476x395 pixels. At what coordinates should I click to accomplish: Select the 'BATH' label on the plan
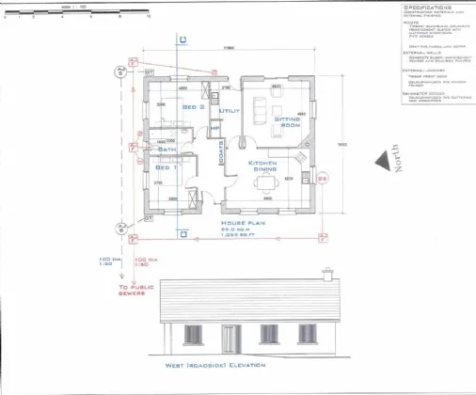point(167,149)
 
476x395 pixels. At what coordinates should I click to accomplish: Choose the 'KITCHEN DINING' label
point(262,166)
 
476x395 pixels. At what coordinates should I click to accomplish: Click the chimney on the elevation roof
point(327,274)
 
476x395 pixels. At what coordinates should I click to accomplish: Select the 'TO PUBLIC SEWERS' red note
point(132,290)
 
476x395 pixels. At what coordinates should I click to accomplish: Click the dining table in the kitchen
point(267,181)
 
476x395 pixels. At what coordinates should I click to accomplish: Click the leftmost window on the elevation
point(192,333)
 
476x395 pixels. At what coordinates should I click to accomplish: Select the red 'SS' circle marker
point(323,178)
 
